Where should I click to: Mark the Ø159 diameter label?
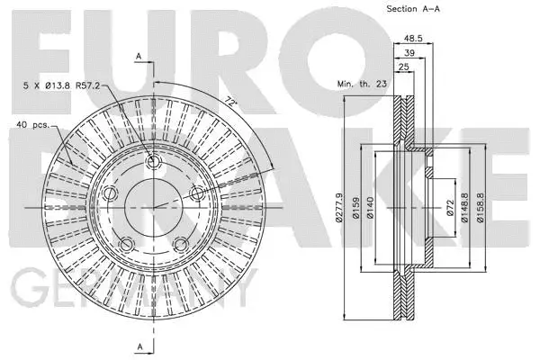(358, 208)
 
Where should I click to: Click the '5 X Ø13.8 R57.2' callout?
(60, 85)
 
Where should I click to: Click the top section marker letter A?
(139, 56)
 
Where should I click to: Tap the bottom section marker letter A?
(139, 346)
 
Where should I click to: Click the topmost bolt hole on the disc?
(152, 163)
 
